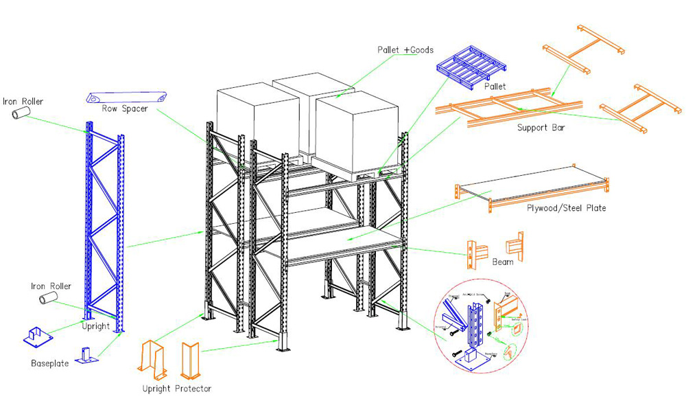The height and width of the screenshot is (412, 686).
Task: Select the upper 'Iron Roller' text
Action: click(23, 102)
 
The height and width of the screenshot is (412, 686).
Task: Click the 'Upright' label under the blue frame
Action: click(96, 326)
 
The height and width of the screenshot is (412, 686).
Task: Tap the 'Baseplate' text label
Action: click(49, 363)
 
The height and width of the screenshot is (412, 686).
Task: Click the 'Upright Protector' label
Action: click(176, 389)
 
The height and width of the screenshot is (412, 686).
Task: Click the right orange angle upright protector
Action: click(189, 360)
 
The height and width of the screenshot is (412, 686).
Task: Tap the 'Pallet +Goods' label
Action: click(405, 50)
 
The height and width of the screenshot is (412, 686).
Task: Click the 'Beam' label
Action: click(503, 262)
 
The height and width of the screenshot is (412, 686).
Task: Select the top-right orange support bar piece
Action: click(582, 47)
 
